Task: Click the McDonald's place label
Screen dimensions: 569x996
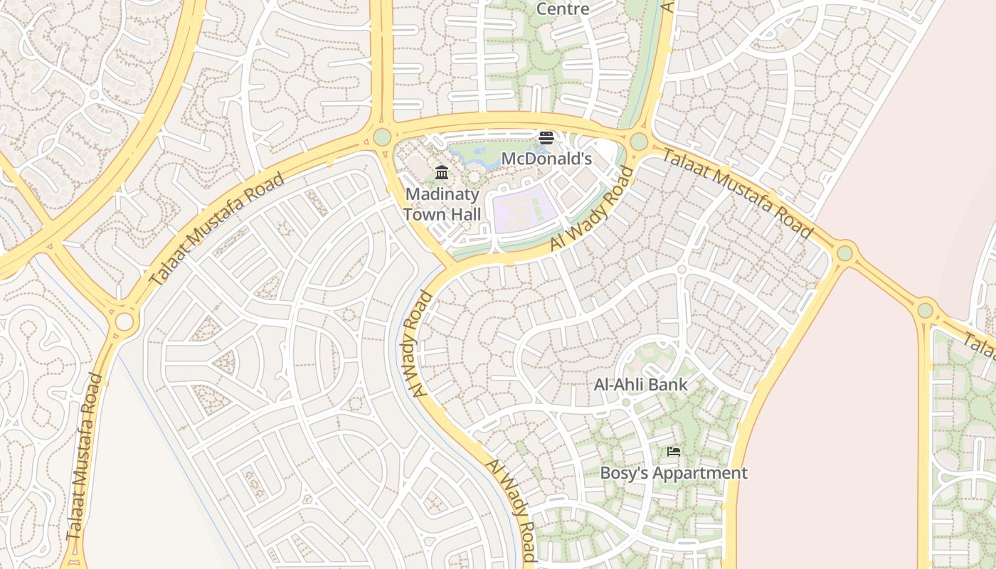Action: (546, 159)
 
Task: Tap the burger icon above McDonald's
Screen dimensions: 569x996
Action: (546, 137)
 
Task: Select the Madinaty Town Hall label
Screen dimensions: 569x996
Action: (442, 204)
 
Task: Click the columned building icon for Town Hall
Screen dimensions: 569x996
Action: (442, 172)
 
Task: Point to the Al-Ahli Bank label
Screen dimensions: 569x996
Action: (640, 385)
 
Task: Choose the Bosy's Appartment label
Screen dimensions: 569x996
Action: (674, 473)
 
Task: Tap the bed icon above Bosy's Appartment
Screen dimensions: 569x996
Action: (674, 451)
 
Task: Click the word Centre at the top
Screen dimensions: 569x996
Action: (563, 9)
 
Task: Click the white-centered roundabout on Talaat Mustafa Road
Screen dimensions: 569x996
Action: (124, 321)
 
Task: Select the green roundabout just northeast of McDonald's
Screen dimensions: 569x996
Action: (638, 142)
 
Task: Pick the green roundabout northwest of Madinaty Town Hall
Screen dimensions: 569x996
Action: (382, 137)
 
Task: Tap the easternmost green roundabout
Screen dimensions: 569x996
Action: (925, 310)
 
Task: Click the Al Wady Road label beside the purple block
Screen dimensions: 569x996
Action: (592, 208)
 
